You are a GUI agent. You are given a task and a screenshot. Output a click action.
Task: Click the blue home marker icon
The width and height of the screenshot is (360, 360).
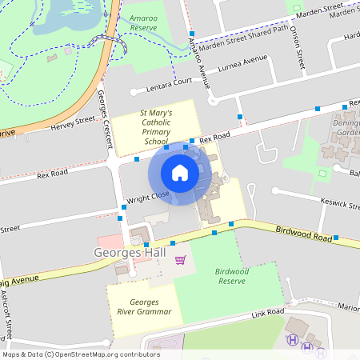[180, 172]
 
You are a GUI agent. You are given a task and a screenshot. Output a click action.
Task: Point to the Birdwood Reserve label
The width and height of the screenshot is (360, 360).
[232, 276]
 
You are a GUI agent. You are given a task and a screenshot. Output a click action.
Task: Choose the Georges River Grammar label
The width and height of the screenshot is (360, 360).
[144, 306]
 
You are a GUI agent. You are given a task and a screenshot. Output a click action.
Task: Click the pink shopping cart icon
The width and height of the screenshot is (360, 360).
[181, 259]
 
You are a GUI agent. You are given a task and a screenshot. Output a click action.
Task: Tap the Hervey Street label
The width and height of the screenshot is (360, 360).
[73, 123]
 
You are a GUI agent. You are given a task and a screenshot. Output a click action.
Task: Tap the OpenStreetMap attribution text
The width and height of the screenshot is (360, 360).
[81, 354]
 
